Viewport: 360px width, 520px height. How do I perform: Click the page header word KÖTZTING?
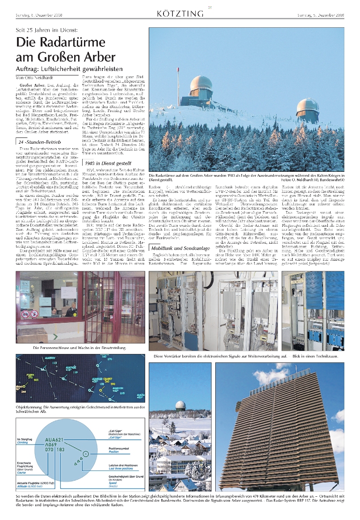coord(180,14)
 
